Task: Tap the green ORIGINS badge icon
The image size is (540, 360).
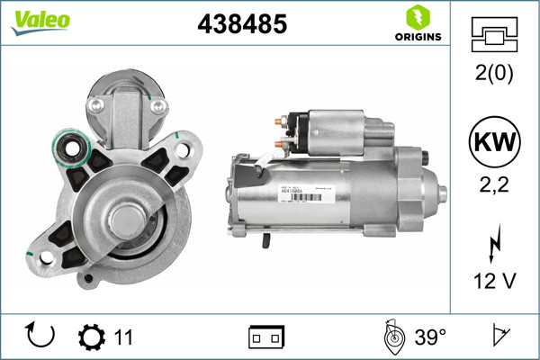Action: pos(417,17)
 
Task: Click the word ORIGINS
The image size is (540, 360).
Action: pos(417,37)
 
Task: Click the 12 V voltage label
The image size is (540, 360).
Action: pos(492,282)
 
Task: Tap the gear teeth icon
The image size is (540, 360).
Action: pos(92,337)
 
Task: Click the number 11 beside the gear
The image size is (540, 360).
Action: pos(123,337)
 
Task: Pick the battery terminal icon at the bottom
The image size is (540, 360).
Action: pos(266,337)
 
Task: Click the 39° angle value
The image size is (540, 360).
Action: pos(431,337)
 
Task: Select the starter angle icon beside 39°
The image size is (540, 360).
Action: pos(391,337)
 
